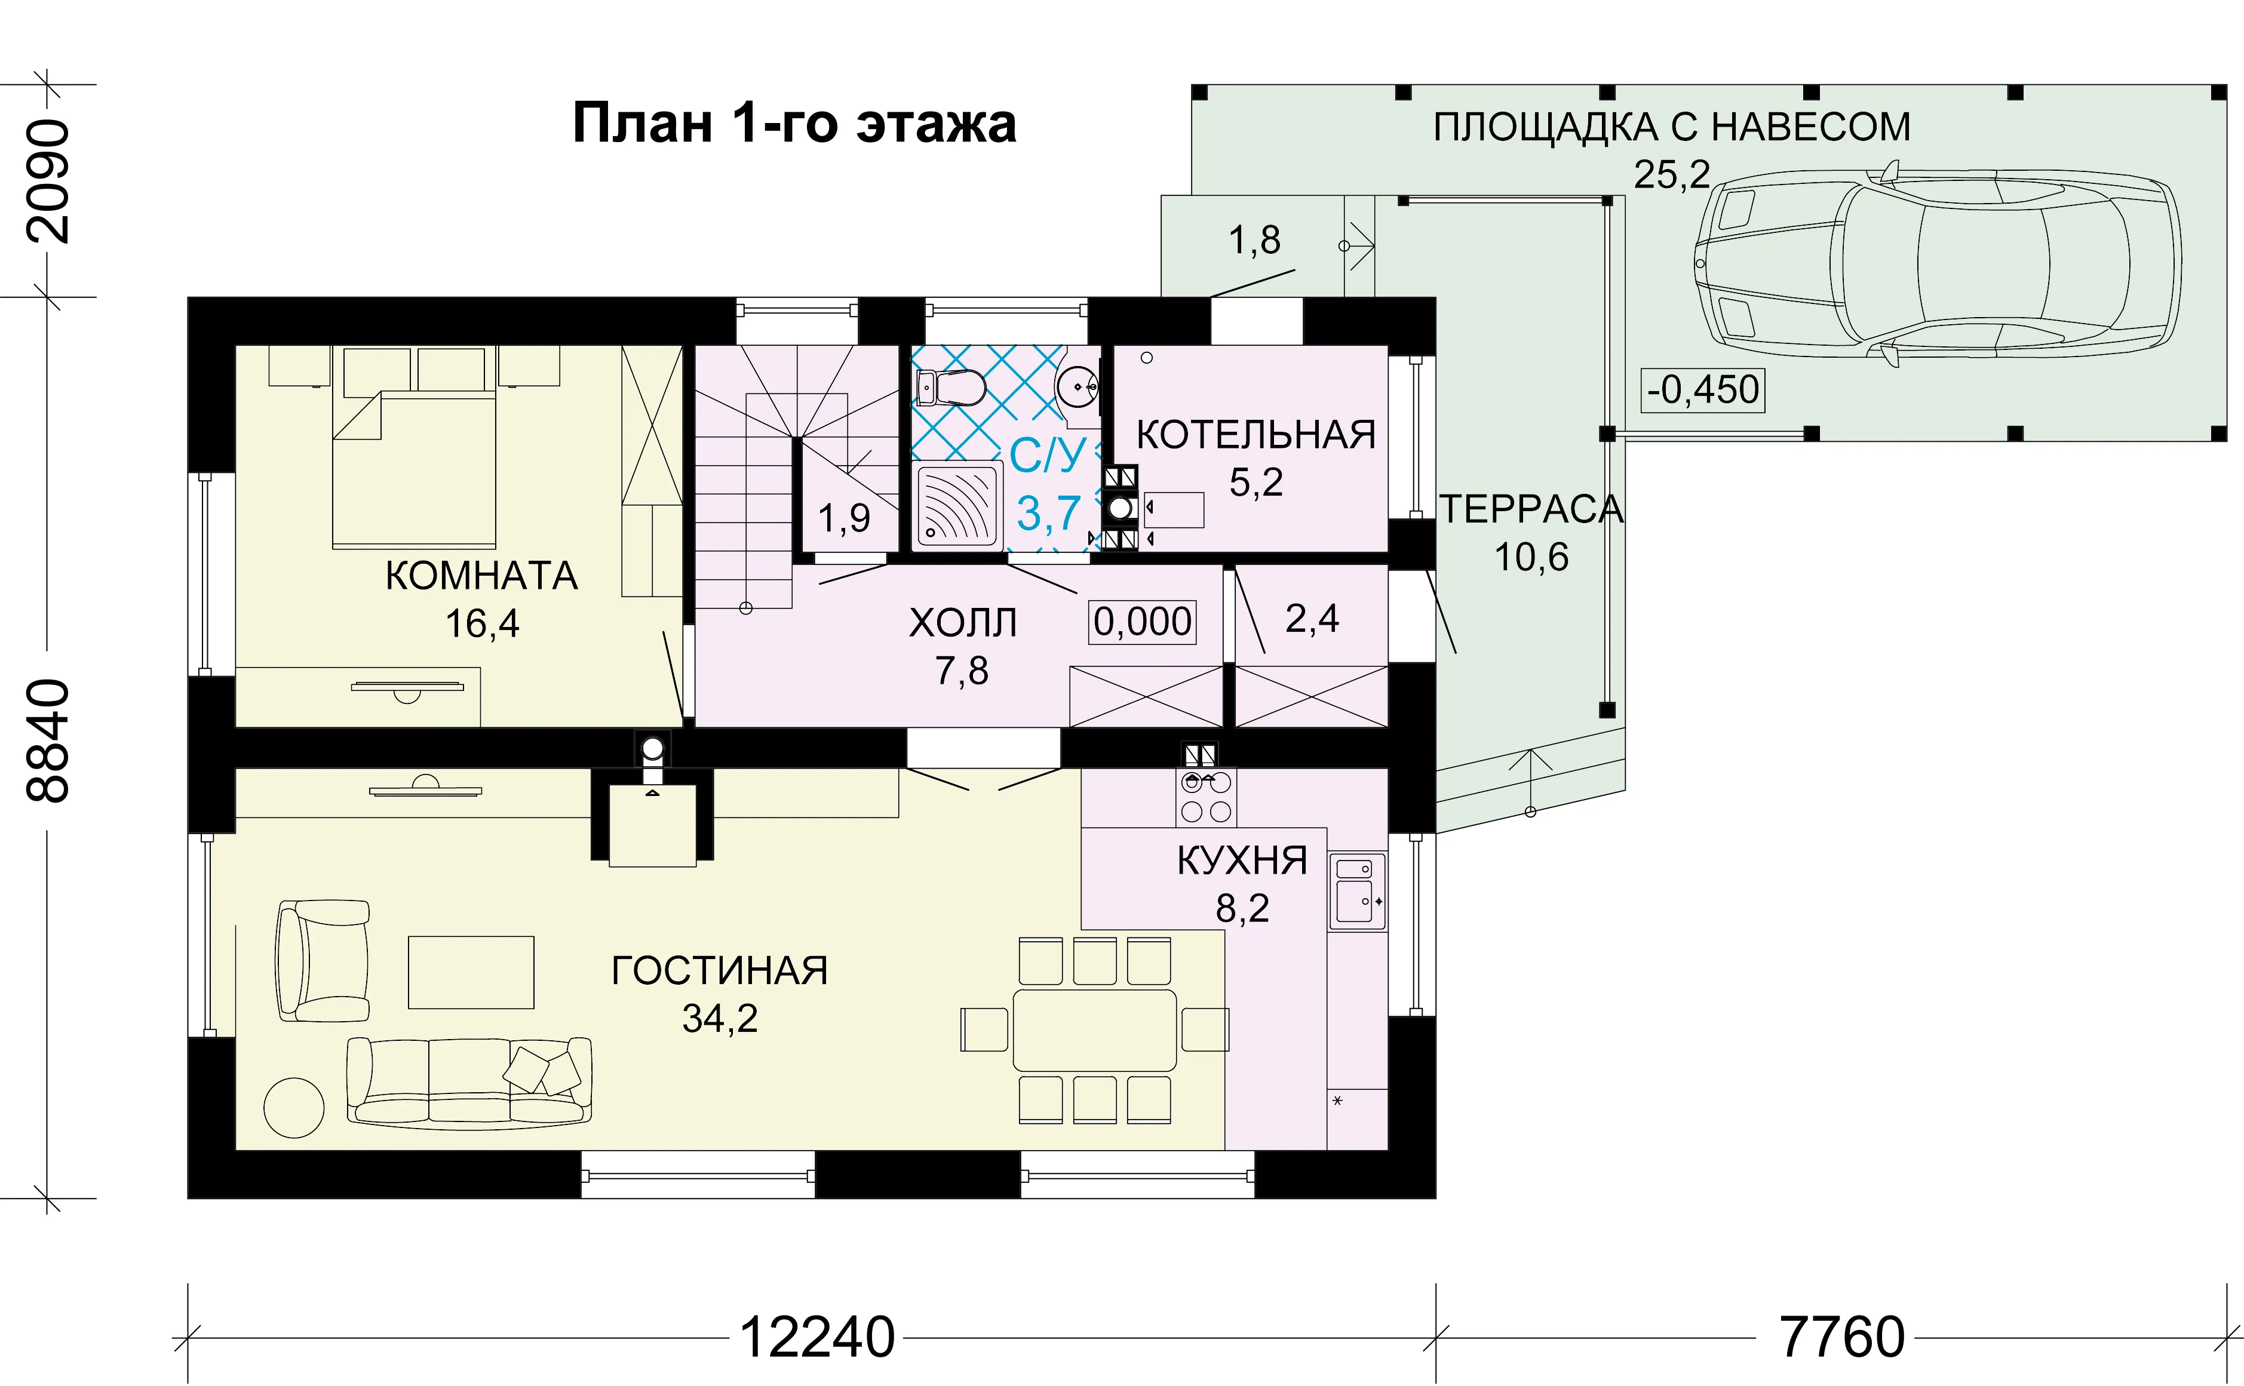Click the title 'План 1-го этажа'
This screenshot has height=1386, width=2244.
794,123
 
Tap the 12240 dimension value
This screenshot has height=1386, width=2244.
816,1338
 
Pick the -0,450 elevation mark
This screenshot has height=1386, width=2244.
1702,389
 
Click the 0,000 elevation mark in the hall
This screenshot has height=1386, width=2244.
1142,622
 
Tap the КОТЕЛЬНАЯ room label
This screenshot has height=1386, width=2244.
1256,435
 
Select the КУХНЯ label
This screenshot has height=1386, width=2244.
1242,861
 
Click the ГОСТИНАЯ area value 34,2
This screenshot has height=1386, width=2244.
720,1018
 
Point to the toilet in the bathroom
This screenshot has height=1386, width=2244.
951,388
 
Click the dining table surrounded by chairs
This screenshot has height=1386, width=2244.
1094,1030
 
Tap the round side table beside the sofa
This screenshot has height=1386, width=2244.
294,1107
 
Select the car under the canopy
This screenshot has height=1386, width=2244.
1937,264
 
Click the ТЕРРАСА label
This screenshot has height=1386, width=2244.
1531,509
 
